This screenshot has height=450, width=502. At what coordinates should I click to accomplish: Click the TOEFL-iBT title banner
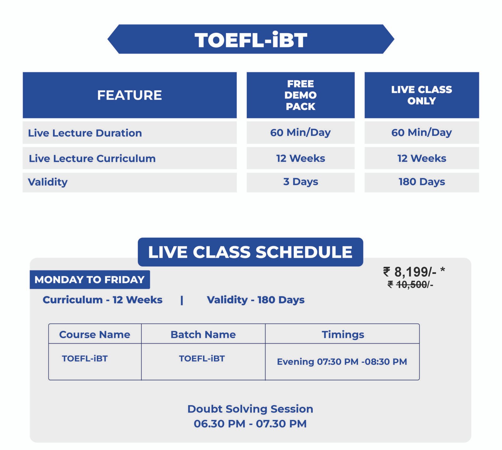click(x=251, y=39)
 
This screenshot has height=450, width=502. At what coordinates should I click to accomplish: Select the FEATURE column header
click(x=130, y=95)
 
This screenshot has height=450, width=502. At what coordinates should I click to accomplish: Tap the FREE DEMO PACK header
click(x=301, y=95)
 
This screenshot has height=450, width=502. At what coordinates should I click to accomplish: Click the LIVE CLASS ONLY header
click(x=422, y=95)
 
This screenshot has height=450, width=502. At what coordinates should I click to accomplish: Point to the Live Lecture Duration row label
click(x=85, y=133)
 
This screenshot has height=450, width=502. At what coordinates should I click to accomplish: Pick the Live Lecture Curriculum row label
click(x=92, y=158)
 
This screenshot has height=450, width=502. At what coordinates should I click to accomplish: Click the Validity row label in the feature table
click(x=48, y=182)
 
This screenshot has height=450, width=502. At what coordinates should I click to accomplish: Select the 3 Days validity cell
click(x=301, y=182)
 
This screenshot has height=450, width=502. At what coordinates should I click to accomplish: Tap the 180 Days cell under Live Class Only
click(x=422, y=182)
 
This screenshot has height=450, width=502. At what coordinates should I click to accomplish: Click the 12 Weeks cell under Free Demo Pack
click(x=301, y=158)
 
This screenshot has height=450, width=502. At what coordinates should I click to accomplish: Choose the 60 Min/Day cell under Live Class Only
click(x=422, y=132)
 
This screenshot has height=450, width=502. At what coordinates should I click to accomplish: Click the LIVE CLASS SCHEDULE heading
click(x=250, y=252)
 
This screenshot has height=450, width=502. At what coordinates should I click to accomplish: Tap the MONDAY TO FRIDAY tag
click(x=90, y=279)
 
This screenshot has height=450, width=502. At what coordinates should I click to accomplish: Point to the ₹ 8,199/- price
click(x=414, y=272)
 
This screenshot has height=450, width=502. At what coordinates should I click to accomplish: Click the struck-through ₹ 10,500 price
click(x=410, y=285)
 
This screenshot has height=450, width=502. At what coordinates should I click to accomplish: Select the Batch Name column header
click(x=203, y=334)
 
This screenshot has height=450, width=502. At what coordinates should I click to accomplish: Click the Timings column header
click(x=343, y=335)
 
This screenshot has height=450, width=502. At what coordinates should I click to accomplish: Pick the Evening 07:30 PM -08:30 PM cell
click(x=342, y=362)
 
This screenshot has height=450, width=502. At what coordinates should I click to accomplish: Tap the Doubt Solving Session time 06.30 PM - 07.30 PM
click(x=250, y=424)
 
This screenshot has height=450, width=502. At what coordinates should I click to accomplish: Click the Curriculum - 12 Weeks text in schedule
click(x=103, y=300)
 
